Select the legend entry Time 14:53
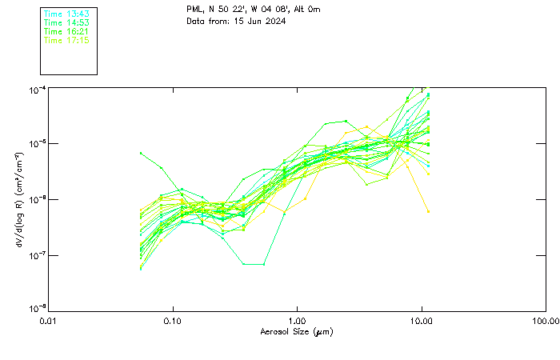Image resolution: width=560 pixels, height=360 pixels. [66, 23]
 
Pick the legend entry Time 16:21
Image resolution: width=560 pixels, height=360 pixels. [66, 31]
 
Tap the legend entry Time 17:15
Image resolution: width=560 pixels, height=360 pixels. [66, 39]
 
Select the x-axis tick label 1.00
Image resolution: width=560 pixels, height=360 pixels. [297, 322]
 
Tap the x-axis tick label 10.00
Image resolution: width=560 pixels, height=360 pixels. [421, 322]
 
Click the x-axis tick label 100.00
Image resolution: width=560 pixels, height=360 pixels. [545, 322]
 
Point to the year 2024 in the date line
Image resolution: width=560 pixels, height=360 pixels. [274, 21]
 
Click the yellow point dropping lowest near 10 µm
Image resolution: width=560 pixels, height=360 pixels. [428, 211]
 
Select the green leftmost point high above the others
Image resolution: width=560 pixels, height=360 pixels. [141, 152]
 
